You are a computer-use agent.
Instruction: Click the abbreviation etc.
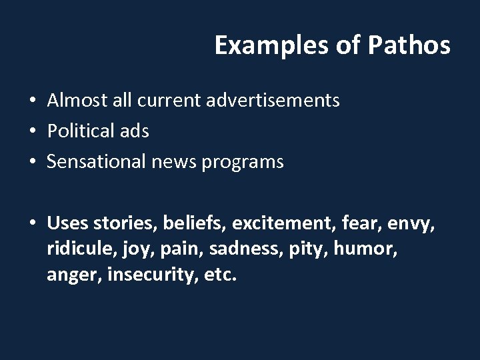click(219, 275)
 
